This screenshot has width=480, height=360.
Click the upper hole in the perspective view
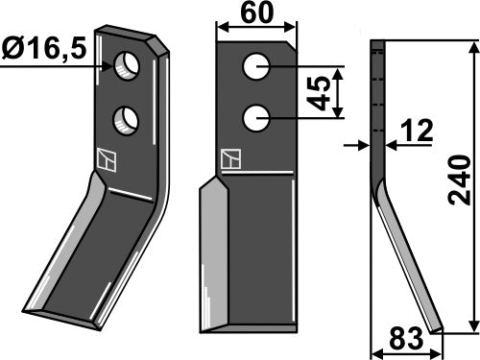point(127,66)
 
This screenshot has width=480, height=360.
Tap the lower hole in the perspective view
point(125,120)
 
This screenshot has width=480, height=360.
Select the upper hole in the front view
point(255,66)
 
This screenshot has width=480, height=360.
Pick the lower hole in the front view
point(255,118)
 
